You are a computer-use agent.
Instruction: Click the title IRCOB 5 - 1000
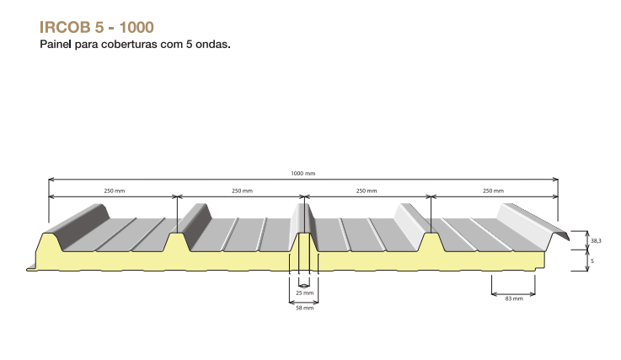[x=97, y=27]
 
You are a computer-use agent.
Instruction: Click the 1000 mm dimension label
[x=303, y=174]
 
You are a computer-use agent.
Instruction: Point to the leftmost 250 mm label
[x=115, y=191]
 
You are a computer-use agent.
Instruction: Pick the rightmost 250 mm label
[x=493, y=191]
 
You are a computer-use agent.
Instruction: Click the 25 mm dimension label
[x=304, y=293]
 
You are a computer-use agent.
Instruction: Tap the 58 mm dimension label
[x=304, y=308]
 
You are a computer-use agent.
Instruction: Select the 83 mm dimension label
[x=514, y=298]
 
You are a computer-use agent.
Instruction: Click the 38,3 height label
[x=596, y=240]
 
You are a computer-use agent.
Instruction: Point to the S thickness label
[x=592, y=261]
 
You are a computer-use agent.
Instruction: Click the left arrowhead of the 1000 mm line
[x=51, y=180]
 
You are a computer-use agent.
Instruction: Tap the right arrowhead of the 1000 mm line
[x=555, y=180]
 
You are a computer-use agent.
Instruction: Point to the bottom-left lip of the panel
[x=31, y=268]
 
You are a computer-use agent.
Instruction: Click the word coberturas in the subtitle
[x=130, y=44]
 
